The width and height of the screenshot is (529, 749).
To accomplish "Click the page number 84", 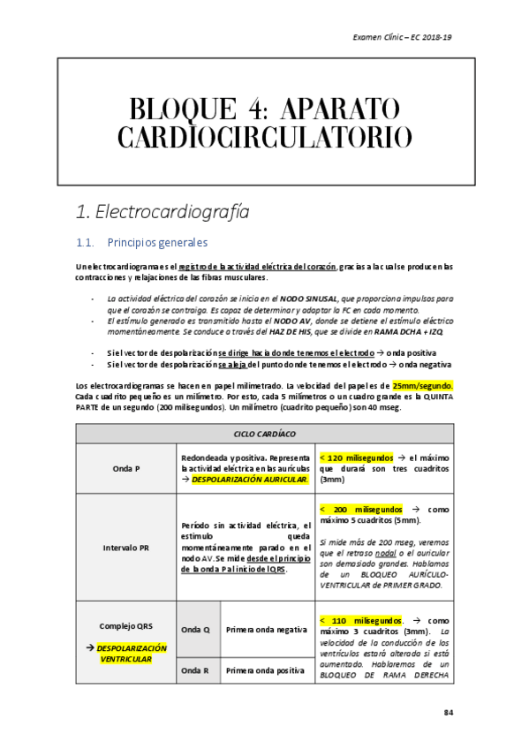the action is point(448,713).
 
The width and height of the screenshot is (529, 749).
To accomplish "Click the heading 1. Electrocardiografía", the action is point(162,212).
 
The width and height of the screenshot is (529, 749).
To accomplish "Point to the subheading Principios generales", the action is point(156,242).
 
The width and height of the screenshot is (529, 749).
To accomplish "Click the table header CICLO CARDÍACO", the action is point(264,434).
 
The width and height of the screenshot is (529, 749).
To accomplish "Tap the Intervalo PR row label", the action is point(126,548).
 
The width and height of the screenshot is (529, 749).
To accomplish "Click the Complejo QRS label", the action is point(126,626).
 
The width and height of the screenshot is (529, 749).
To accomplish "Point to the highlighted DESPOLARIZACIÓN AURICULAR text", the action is point(250,479).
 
